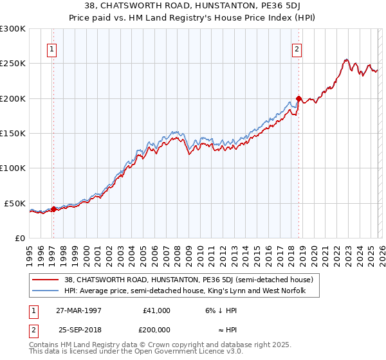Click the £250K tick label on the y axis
[x=13, y=64]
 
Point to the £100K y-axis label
[x=13, y=168]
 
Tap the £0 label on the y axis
[x=19, y=238]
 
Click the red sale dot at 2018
[x=299, y=99]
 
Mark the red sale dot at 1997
[x=53, y=208]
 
